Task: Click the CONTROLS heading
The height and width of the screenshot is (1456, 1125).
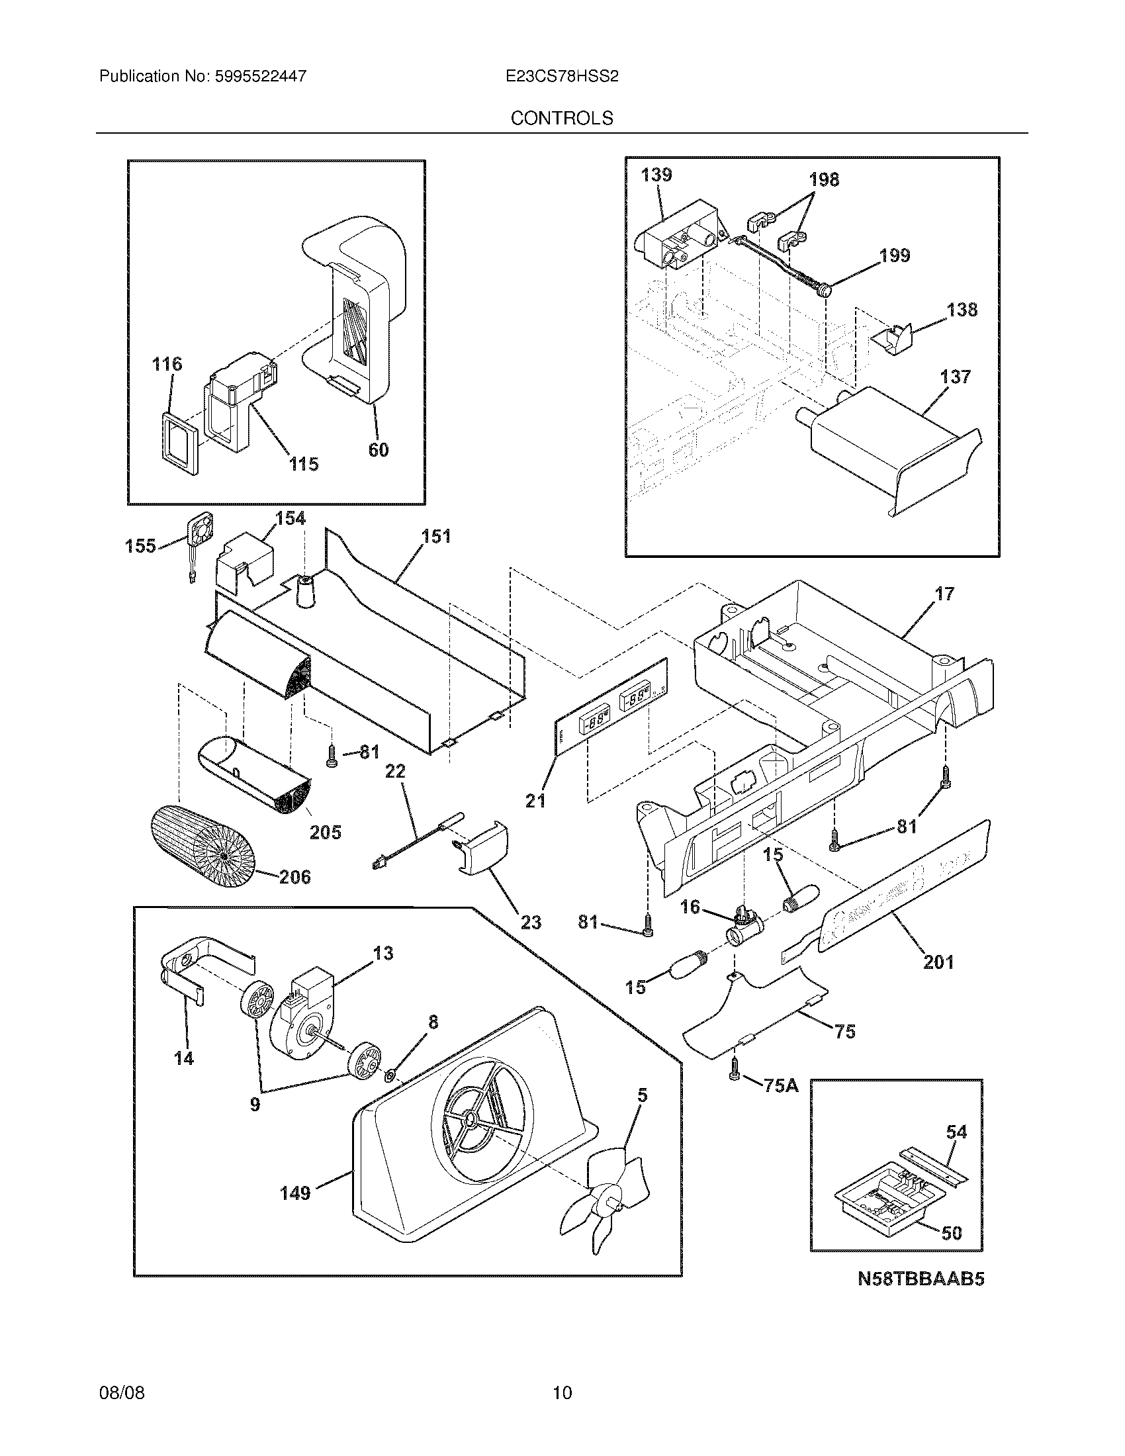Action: pos(561,118)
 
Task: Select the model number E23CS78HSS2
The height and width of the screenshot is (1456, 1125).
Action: pos(562,76)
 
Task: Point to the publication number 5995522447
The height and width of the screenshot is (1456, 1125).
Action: pos(261,76)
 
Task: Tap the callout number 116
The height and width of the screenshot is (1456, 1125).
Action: pos(167,364)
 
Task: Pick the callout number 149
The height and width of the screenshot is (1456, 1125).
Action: pos(295,1193)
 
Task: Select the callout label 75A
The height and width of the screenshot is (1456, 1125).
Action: pos(780,1085)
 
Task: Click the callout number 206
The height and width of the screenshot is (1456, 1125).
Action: pos(294,877)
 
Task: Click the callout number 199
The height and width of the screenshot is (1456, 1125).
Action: pos(895,255)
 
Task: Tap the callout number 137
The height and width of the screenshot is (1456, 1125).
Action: pos(955,377)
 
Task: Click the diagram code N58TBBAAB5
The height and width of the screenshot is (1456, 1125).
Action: pos(921,1279)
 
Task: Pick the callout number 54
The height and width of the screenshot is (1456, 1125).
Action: pos(956,1131)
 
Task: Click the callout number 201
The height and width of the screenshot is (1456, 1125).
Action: pos(938,962)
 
